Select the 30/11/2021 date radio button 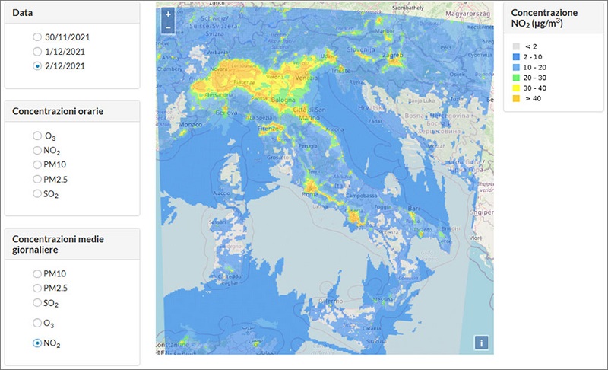click(x=37, y=37)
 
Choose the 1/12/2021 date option click(x=37, y=51)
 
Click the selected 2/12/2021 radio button click(x=37, y=66)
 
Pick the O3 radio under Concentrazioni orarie click(x=37, y=136)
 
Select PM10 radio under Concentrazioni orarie click(x=37, y=164)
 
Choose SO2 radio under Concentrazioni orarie click(x=37, y=193)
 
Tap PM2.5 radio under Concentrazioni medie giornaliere click(x=37, y=288)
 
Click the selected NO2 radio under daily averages click(x=37, y=343)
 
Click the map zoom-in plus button click(x=168, y=14)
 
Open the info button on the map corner click(x=481, y=343)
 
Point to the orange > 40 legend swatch click(x=516, y=97)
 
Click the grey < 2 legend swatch click(x=516, y=46)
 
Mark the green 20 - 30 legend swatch click(x=516, y=77)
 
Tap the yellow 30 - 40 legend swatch click(x=516, y=88)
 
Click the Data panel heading click(x=22, y=14)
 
